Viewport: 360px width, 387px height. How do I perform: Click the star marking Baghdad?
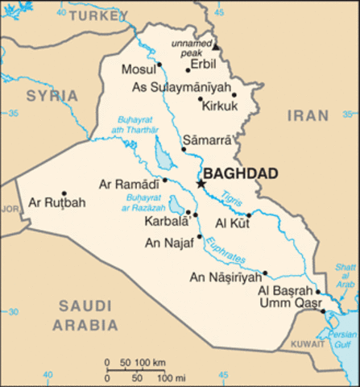(x=201, y=185)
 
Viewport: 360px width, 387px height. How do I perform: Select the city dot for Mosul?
(x=159, y=64)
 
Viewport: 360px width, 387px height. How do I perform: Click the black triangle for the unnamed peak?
(x=215, y=48)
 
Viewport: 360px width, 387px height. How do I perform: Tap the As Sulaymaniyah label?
(x=180, y=87)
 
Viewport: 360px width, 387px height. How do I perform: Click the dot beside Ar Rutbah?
(x=64, y=193)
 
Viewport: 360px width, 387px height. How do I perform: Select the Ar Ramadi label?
(x=129, y=185)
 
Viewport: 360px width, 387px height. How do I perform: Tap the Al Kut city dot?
(x=249, y=214)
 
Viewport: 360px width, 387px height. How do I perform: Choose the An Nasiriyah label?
(x=225, y=278)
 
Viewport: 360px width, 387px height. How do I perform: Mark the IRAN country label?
(x=309, y=116)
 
